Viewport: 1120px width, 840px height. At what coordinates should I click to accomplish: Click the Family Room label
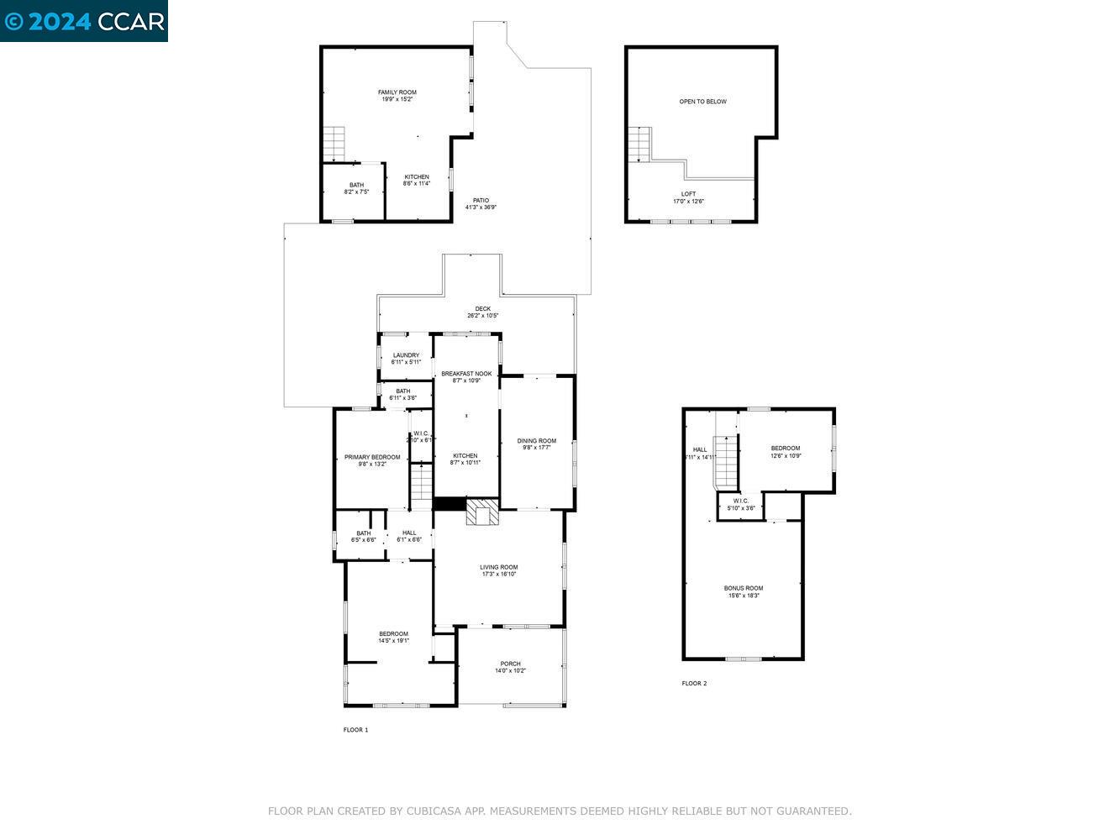click(x=397, y=92)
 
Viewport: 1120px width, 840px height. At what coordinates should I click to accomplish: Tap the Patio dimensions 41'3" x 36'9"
click(x=481, y=207)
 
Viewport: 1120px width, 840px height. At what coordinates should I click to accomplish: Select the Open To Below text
click(x=702, y=102)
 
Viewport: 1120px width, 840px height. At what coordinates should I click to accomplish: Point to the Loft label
click(x=688, y=194)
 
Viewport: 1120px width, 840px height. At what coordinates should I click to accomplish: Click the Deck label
click(x=482, y=309)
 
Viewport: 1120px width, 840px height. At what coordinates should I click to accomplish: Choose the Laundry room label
click(x=406, y=355)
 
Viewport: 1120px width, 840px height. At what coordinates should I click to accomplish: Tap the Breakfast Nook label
click(x=466, y=374)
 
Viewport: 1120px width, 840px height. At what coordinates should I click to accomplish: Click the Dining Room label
click(x=536, y=441)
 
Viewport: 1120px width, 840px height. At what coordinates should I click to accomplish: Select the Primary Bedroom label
click(x=372, y=457)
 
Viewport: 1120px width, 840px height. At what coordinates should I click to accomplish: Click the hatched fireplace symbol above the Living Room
click(x=482, y=512)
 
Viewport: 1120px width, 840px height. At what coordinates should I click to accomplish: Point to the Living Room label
click(x=498, y=567)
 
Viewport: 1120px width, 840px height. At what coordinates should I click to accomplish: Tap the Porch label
click(x=510, y=664)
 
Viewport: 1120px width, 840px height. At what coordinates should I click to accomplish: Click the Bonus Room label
click(x=744, y=588)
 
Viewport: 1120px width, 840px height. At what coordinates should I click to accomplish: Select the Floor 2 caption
click(x=694, y=684)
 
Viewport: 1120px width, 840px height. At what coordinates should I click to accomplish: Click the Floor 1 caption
click(x=355, y=730)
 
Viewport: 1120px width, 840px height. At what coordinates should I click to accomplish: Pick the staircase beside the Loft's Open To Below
click(x=639, y=144)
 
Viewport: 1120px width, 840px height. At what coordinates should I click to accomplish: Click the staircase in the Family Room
click(x=334, y=144)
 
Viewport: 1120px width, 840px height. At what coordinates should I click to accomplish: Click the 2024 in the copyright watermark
click(x=59, y=21)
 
